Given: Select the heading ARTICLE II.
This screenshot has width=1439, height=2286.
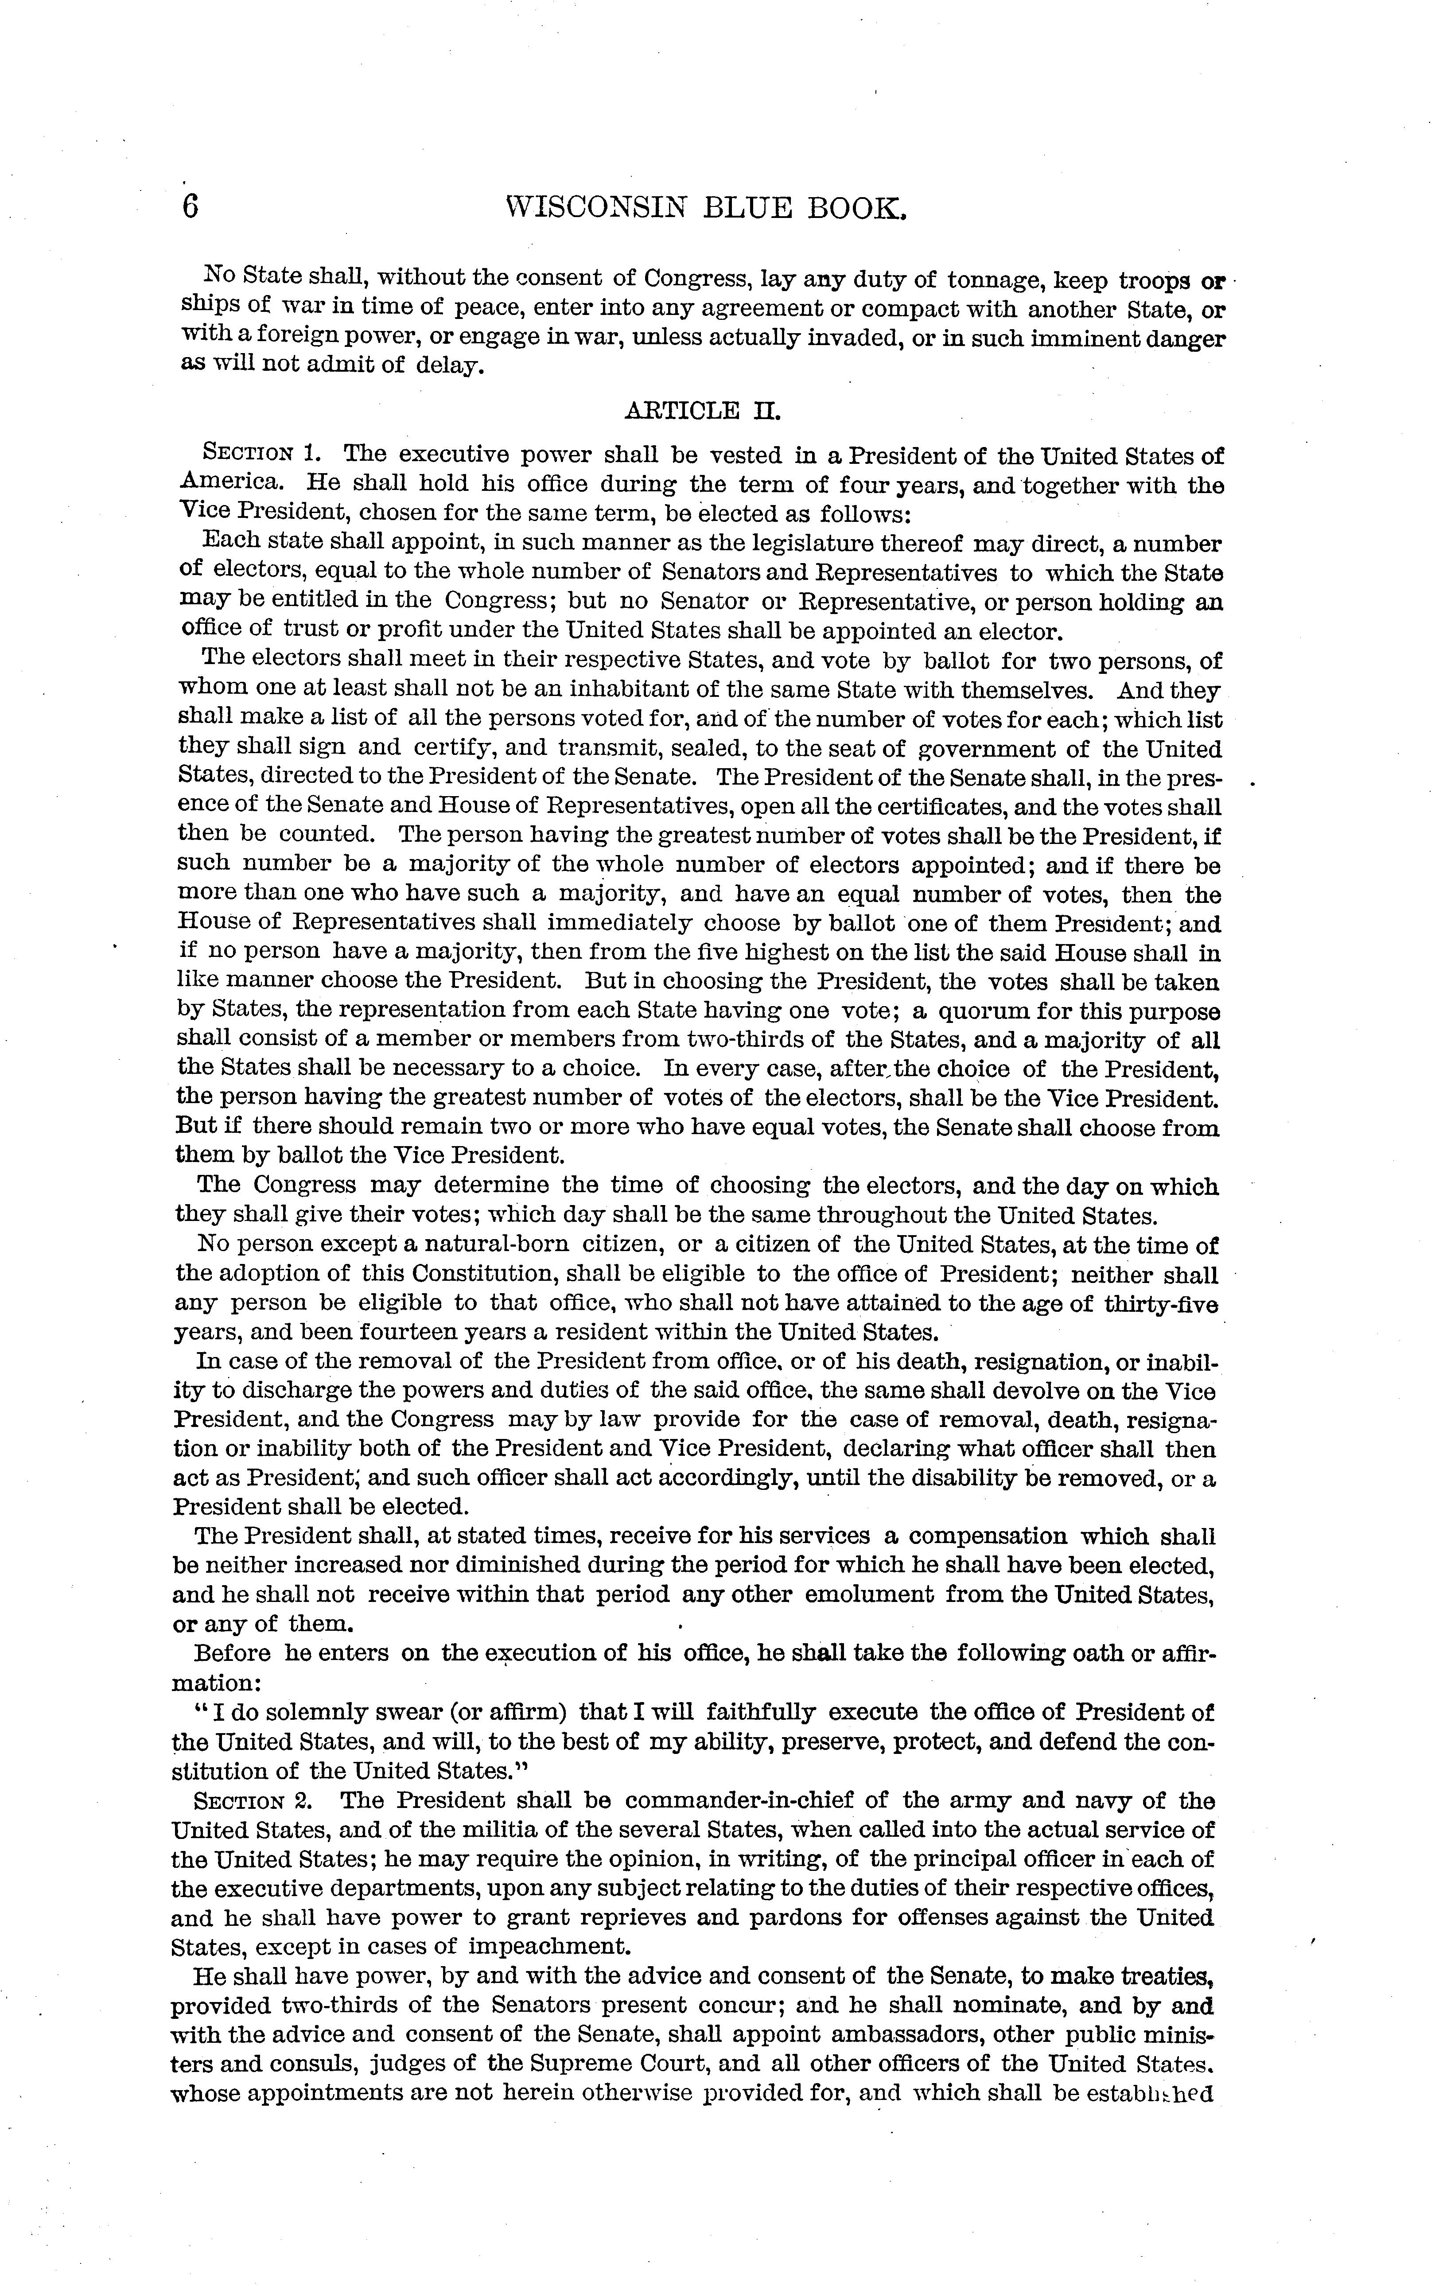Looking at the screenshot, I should click(702, 411).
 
